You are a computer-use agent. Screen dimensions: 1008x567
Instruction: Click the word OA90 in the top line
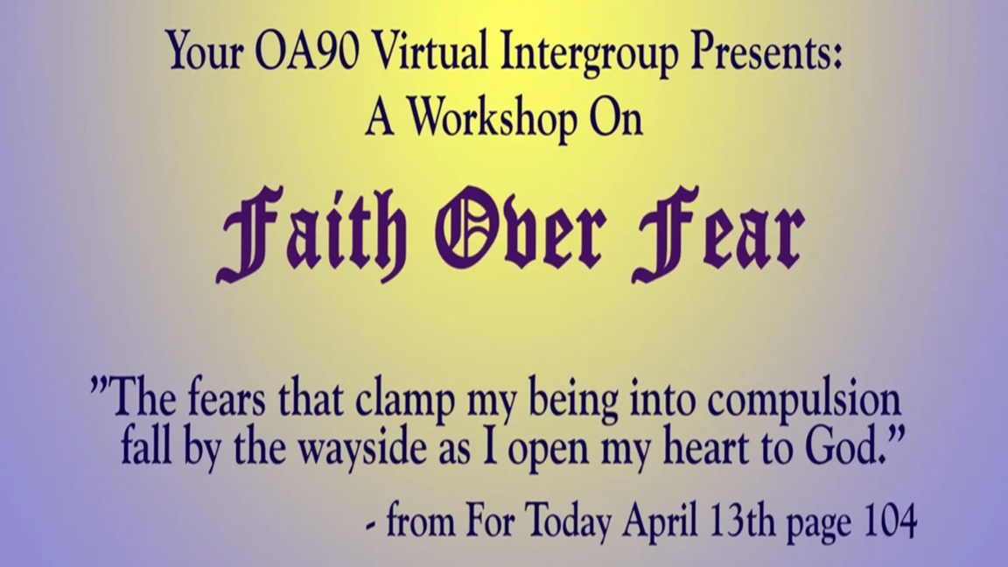click(306, 52)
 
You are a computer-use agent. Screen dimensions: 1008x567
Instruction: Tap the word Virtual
click(430, 51)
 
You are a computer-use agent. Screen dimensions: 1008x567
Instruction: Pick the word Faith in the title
click(312, 234)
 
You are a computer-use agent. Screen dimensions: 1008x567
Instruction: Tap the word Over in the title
click(521, 229)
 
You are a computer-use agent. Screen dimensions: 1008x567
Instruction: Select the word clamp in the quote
click(405, 401)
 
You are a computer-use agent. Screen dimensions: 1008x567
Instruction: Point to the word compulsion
click(804, 401)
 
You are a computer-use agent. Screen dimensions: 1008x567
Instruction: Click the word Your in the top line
click(205, 52)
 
